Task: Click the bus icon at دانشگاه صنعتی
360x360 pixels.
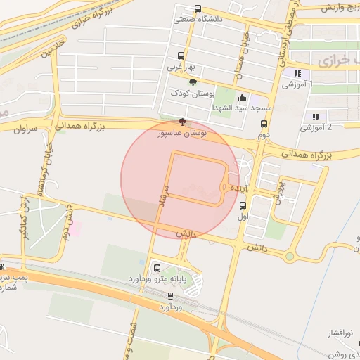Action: click(x=197, y=9)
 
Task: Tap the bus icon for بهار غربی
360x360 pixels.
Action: click(x=181, y=56)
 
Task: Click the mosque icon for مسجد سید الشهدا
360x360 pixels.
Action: click(x=243, y=98)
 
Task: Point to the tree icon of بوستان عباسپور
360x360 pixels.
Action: click(x=183, y=122)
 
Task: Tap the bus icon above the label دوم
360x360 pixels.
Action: click(x=264, y=123)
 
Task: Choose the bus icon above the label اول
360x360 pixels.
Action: click(x=243, y=205)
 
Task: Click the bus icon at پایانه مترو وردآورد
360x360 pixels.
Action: click(x=156, y=268)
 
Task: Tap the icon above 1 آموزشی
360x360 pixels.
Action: click(x=297, y=72)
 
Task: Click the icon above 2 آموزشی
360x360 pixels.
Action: click(x=316, y=117)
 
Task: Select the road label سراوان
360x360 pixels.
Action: click(x=24, y=129)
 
